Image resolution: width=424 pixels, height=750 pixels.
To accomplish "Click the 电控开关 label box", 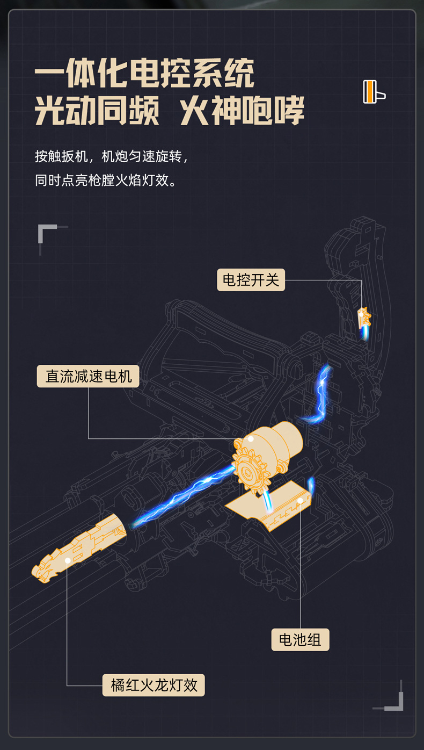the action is (x=251, y=280).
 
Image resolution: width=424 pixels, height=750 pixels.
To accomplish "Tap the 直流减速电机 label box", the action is (x=88, y=376).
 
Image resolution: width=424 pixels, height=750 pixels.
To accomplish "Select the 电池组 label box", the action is (x=300, y=639).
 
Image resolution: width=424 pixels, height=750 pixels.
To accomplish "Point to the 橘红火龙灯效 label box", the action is (x=153, y=685).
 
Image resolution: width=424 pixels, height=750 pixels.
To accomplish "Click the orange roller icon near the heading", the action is (x=374, y=91).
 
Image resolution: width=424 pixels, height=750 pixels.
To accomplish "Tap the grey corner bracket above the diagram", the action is (x=47, y=232).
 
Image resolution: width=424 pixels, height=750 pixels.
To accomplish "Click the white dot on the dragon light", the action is (x=68, y=560).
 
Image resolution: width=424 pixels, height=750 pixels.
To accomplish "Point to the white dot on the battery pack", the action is (x=300, y=501).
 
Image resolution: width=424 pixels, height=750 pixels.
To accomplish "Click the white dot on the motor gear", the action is (x=250, y=439).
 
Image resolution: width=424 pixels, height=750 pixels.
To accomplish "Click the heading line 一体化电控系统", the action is (x=144, y=74).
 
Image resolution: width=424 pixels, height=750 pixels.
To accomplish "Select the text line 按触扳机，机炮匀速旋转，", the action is (x=112, y=156).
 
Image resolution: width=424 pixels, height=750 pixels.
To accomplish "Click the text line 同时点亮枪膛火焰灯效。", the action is (x=106, y=180).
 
